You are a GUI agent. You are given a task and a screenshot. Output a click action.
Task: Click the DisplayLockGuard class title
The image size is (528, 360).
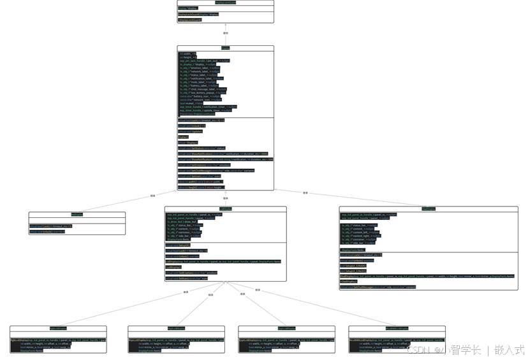(x=225, y=3)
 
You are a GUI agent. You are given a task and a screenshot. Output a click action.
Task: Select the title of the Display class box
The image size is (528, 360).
(x=225, y=48)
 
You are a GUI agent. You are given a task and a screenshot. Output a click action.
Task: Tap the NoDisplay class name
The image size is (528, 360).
(x=77, y=214)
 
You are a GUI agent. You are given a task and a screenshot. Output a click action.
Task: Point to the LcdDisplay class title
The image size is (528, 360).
(x=225, y=209)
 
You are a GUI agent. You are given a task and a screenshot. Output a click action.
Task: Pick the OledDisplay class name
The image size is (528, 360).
(x=428, y=209)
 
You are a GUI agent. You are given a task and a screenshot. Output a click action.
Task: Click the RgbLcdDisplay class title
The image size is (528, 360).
(x=57, y=328)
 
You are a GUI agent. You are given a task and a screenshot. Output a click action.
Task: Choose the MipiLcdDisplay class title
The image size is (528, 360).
(x=176, y=328)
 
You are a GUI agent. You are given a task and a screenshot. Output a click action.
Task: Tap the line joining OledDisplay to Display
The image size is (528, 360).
(x=306, y=192)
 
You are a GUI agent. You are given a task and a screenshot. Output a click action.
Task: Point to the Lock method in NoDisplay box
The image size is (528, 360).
(x=51, y=226)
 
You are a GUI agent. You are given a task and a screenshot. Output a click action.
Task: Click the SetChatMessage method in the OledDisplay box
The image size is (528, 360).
(x=379, y=287)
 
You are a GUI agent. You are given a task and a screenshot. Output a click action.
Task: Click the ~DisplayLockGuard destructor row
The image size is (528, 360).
(x=189, y=20)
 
